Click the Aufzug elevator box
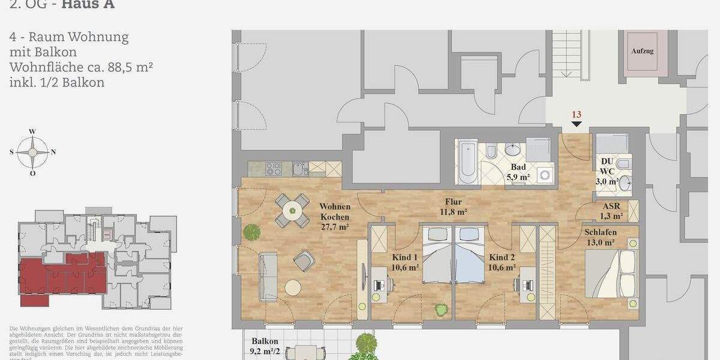click(x=646, y=53)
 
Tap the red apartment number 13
click(x=577, y=114)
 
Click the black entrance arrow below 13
click(x=577, y=124)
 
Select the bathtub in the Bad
click(x=467, y=163)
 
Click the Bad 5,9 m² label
click(x=520, y=172)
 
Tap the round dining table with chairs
click(x=293, y=210)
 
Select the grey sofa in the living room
click(x=268, y=277)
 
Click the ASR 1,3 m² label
click(x=612, y=211)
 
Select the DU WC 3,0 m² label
click(x=607, y=171)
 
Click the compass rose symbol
click(x=32, y=152)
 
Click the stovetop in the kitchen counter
click(x=274, y=169)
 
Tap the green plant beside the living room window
click(x=251, y=231)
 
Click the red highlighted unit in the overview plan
click(x=60, y=276)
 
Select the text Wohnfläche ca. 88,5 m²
click(x=81, y=67)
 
